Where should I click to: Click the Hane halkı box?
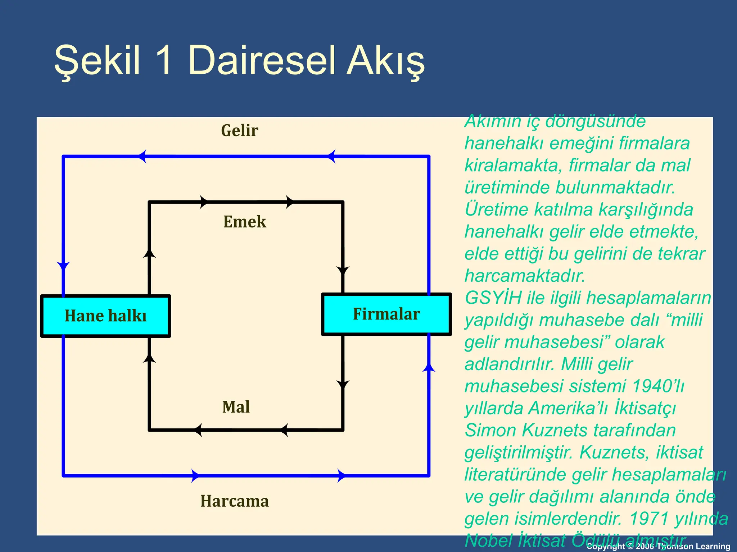click(105, 316)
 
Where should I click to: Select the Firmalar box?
click(386, 314)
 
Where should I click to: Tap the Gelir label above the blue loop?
click(239, 130)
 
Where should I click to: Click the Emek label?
click(245, 222)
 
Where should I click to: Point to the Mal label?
click(236, 407)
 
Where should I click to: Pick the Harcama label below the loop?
click(234, 501)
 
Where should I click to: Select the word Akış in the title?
click(385, 61)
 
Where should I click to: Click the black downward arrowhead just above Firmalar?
click(343, 270)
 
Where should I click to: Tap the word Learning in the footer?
click(713, 547)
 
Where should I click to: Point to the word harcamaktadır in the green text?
click(525, 276)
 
